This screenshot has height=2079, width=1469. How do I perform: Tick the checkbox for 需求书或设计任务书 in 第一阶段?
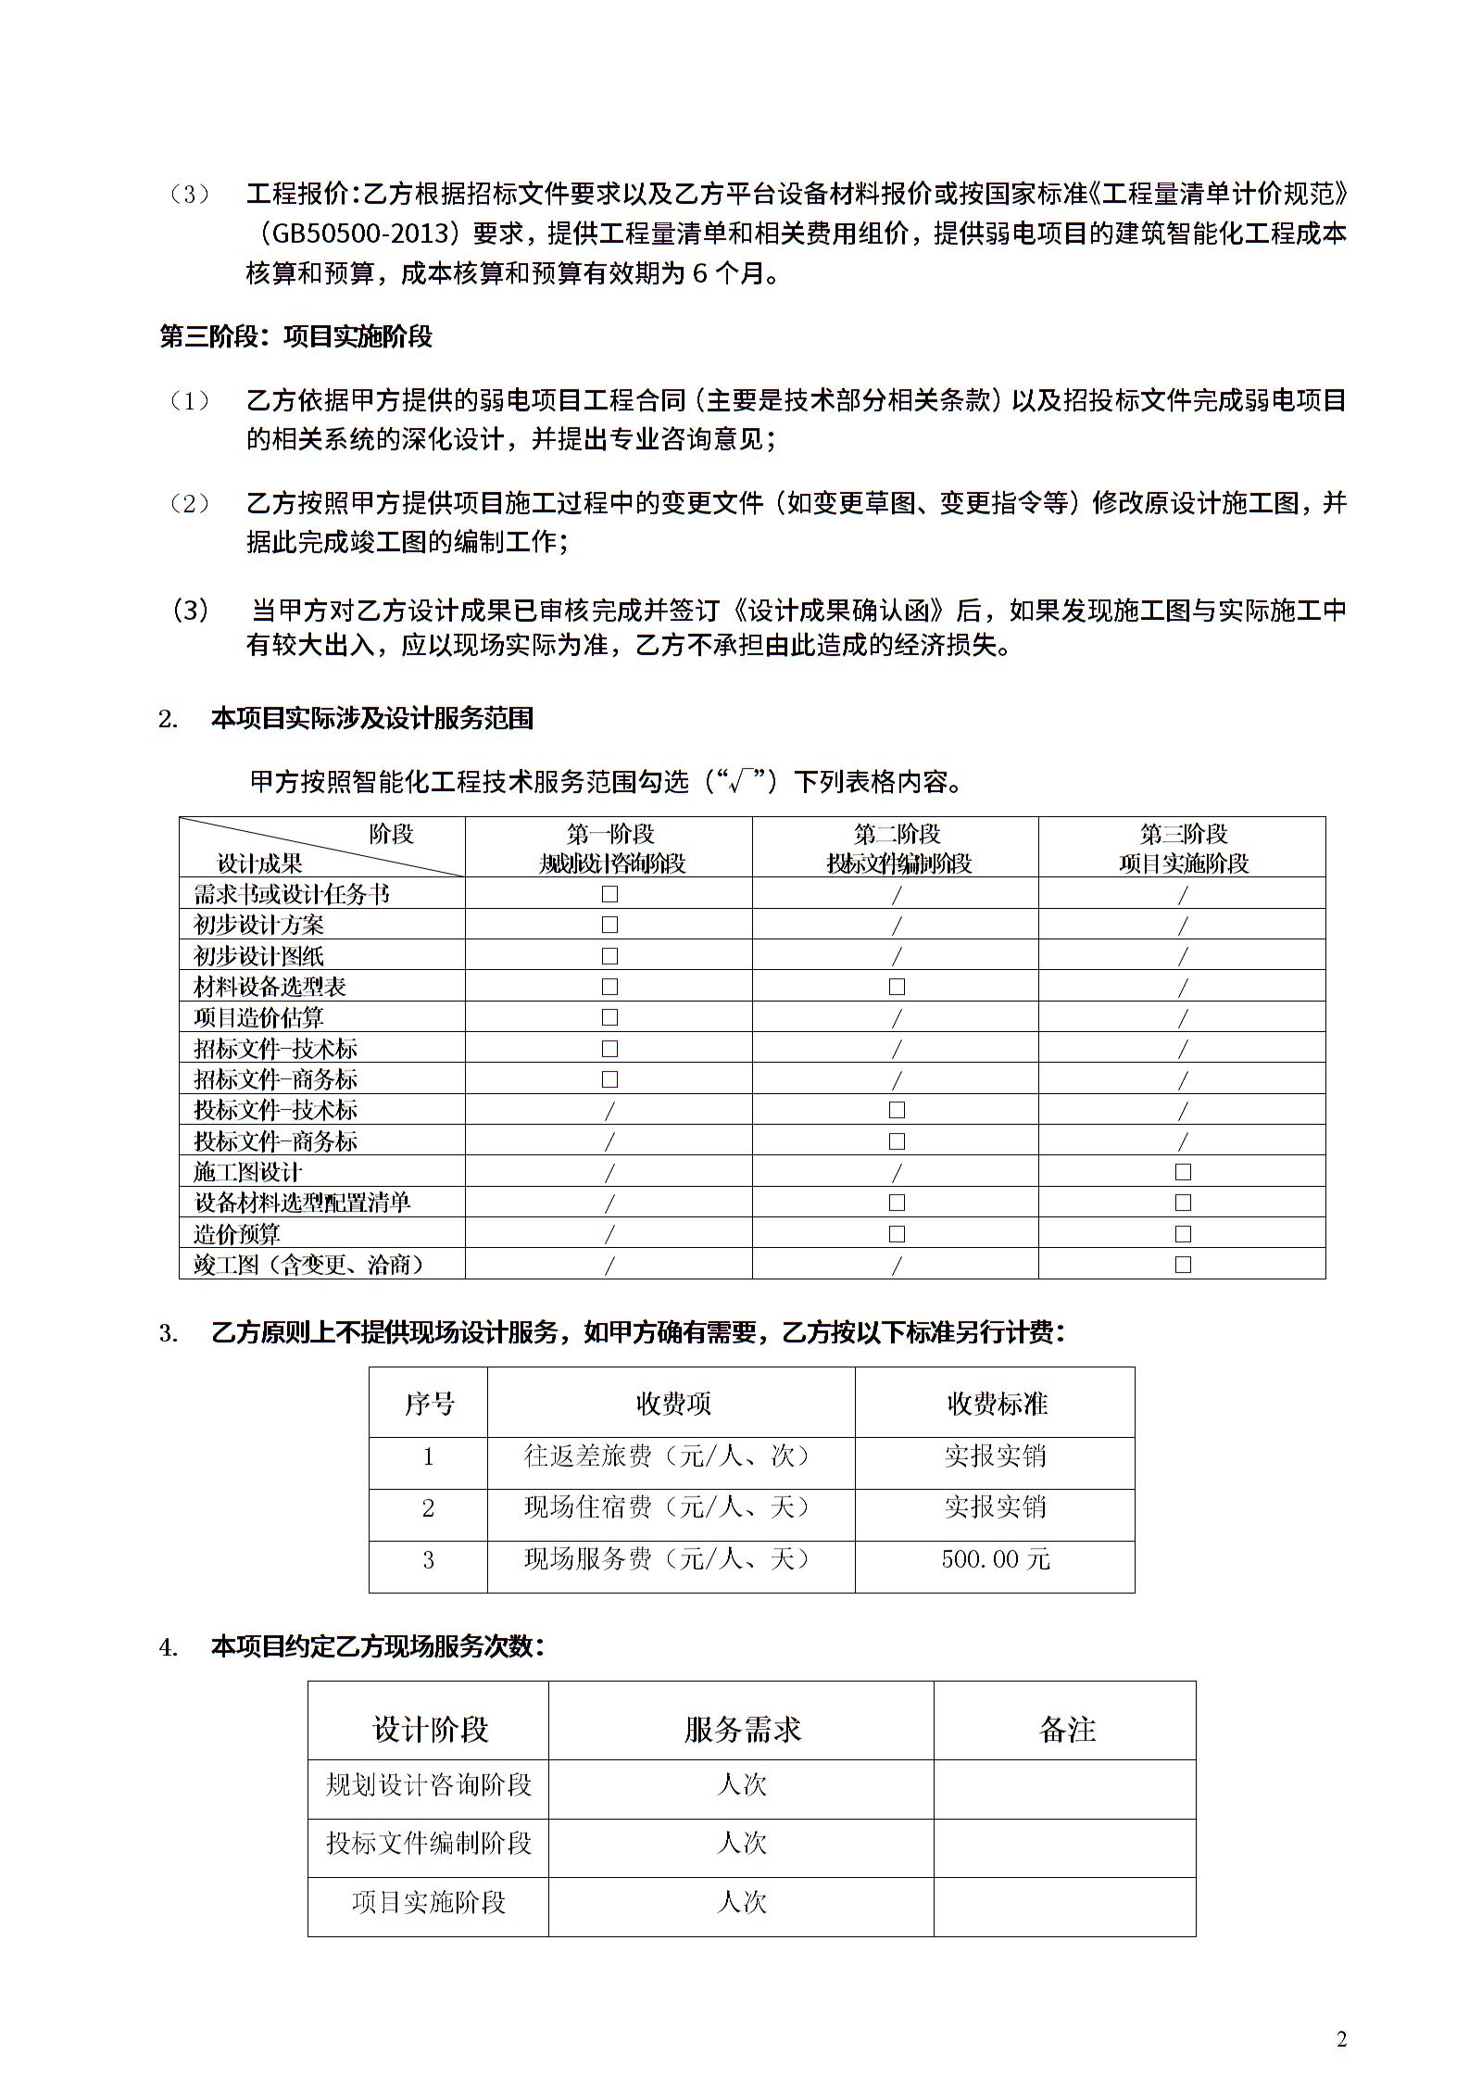click(609, 894)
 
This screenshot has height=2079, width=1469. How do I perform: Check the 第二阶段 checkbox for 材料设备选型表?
click(897, 987)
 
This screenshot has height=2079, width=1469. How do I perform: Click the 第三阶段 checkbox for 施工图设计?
click(1183, 1172)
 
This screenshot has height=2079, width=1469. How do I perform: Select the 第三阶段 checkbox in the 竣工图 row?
click(1183, 1265)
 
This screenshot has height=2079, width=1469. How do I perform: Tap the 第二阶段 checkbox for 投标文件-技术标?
click(897, 1110)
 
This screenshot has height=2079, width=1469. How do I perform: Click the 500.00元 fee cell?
click(996, 1559)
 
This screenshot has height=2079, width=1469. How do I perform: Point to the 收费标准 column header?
click(996, 1404)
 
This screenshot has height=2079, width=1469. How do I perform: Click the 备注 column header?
click(1067, 1729)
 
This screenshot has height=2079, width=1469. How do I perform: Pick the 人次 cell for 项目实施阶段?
click(742, 1902)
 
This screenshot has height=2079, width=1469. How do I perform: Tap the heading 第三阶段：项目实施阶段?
click(296, 336)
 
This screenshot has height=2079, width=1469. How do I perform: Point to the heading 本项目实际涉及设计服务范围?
click(372, 719)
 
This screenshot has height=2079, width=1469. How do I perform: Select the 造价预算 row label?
click(237, 1234)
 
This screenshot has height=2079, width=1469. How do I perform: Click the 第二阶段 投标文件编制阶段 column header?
click(897, 849)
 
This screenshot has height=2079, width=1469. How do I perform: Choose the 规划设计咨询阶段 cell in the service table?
click(429, 1784)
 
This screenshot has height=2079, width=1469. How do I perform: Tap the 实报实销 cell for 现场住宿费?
click(996, 1507)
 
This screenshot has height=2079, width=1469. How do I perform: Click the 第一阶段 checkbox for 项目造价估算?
click(609, 1017)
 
